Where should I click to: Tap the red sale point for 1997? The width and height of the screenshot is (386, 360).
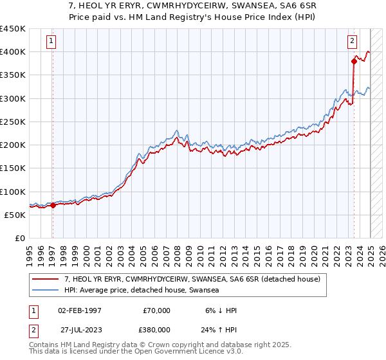click(x=53, y=206)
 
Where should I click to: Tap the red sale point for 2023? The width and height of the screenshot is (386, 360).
click(x=354, y=61)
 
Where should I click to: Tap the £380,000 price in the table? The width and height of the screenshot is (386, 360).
click(x=157, y=330)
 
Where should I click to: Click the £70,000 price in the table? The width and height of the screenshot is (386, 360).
click(x=157, y=310)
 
